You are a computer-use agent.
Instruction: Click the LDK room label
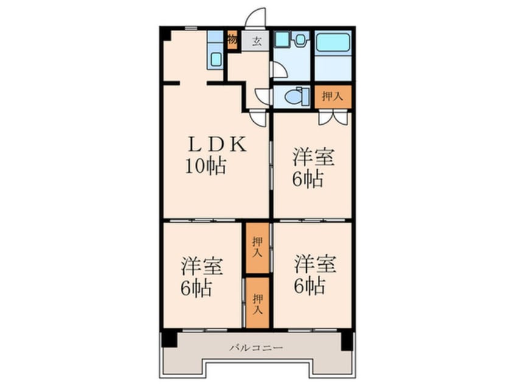click(x=217, y=144)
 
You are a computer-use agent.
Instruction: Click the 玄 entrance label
click(x=257, y=41)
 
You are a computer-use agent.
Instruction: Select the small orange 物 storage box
click(x=233, y=40)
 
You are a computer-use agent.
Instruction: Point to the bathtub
click(x=333, y=42)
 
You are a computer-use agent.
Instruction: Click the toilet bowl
click(x=293, y=97)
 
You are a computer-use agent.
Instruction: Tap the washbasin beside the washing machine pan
click(x=300, y=40)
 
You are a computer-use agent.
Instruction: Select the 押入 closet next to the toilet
click(x=333, y=97)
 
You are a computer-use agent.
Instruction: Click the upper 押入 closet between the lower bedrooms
click(x=257, y=248)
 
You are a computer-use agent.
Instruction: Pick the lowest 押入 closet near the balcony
click(x=257, y=303)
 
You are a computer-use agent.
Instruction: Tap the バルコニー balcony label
click(x=256, y=348)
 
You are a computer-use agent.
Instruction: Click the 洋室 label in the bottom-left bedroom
click(x=202, y=266)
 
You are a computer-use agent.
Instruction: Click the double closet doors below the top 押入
click(x=333, y=118)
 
